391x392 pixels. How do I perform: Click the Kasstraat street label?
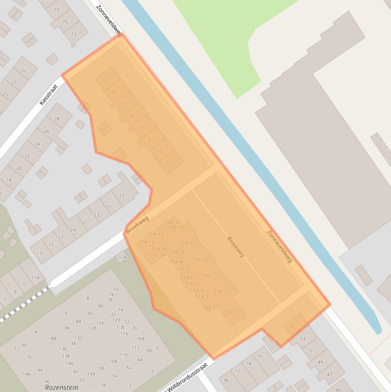[49, 95]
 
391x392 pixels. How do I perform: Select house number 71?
[105, 80]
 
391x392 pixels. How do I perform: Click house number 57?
[169, 163]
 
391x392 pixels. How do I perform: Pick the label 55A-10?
[172, 222]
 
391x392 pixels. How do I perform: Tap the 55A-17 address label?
[221, 291]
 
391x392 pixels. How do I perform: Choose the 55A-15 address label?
[232, 312]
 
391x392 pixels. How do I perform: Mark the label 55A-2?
[209, 307]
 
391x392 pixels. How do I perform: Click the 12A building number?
[123, 258]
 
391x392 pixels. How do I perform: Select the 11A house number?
[35, 277]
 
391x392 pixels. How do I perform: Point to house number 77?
[56, 10]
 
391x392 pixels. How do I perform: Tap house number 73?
[73, 34]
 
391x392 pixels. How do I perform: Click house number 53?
[303, 339]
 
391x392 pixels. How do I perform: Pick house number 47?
[328, 374]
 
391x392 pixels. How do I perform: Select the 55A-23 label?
[200, 260]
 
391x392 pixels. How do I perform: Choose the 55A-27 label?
[187, 243]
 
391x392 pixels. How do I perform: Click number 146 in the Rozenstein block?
[26, 374]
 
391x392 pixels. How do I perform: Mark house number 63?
[142, 127]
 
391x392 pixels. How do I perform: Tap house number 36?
[226, 380]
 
